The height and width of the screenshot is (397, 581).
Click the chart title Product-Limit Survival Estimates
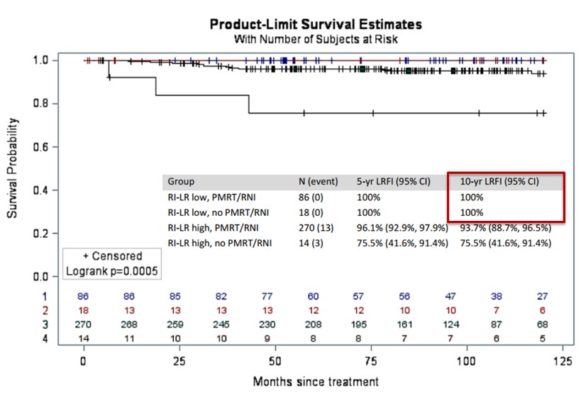(316, 24)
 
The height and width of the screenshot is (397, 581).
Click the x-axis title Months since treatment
(315, 381)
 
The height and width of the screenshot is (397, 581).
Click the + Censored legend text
(112, 256)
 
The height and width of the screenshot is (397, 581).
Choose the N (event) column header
(319, 182)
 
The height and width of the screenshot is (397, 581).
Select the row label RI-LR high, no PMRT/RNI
(216, 244)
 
